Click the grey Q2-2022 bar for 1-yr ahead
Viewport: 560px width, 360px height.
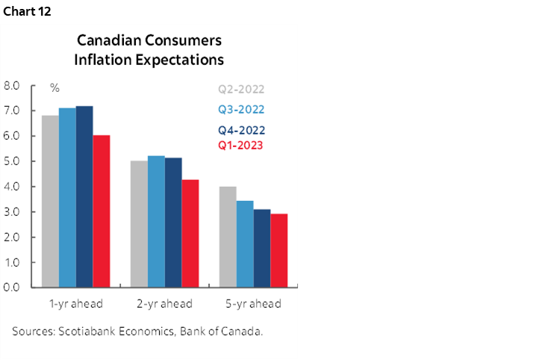point(50,202)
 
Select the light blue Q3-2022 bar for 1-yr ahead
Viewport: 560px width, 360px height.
point(67,198)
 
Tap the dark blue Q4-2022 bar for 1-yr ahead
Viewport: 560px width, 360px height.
point(84,197)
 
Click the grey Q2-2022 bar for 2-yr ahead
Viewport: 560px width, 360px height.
point(139,224)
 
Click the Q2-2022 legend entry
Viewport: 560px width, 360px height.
point(241,90)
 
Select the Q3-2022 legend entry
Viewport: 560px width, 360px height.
point(241,109)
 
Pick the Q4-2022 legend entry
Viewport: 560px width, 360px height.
point(241,129)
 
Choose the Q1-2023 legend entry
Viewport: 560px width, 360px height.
point(241,145)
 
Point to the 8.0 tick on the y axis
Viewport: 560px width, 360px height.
point(12,86)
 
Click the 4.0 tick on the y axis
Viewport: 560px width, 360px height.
point(12,187)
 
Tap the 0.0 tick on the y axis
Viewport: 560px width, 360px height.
point(12,288)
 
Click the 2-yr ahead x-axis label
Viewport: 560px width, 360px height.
point(164,304)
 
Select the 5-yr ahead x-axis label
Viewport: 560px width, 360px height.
point(253,304)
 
